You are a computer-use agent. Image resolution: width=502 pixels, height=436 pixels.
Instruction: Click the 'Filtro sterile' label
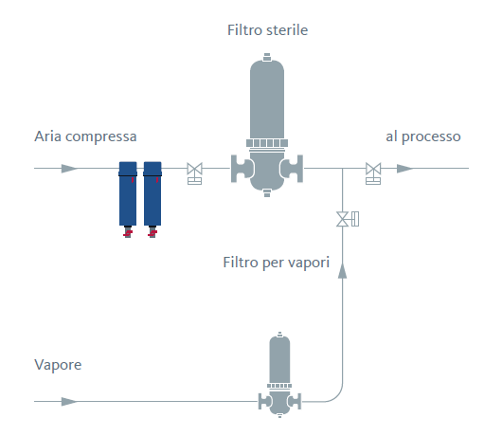[267, 30]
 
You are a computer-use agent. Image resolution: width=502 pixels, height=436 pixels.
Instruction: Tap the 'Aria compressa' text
[85, 136]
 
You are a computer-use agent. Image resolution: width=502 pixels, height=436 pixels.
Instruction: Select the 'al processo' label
[423, 136]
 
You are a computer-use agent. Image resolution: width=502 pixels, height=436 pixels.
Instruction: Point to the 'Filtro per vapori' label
[277, 263]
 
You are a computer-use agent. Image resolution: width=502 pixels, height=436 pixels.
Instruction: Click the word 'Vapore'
[58, 365]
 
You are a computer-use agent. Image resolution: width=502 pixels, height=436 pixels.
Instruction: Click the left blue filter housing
[128, 193]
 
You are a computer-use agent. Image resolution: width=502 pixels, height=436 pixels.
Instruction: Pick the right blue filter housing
[152, 193]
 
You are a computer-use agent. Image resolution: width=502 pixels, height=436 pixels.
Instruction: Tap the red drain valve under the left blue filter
[128, 232]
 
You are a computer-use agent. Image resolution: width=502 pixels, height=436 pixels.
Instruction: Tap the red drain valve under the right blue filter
[152, 232]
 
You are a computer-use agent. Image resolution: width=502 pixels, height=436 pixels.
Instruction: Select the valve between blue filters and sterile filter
[195, 173]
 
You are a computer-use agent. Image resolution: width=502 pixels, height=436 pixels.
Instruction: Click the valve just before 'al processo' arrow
[373, 173]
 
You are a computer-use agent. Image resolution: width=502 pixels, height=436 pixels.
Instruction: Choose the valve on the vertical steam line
[348, 219]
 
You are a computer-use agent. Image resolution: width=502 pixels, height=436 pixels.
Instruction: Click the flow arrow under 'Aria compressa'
[69, 168]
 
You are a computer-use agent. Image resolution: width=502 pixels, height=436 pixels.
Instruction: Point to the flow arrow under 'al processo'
[405, 168]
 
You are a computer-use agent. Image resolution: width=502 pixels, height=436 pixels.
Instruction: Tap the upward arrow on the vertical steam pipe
[343, 271]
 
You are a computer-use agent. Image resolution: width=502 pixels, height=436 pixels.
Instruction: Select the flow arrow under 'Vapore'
[69, 401]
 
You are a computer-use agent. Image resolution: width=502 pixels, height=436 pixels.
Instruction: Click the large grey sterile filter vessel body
[267, 125]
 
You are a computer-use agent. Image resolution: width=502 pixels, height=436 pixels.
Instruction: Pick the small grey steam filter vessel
[279, 374]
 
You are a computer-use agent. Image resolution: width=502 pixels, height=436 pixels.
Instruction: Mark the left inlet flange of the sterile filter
[241, 169]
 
